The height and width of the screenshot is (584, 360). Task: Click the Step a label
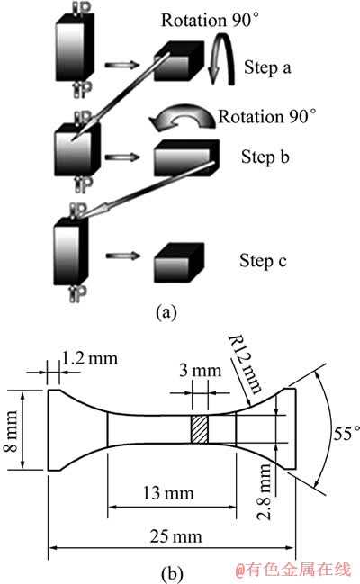(x=267, y=67)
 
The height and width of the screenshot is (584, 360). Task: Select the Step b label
(x=265, y=157)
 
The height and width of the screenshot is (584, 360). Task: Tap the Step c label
(x=263, y=260)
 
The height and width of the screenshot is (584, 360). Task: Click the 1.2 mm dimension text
(x=89, y=358)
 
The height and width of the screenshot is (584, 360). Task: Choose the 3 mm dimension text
(x=200, y=370)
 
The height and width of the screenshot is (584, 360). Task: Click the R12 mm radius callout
(x=245, y=364)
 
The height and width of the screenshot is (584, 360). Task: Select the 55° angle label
(x=346, y=433)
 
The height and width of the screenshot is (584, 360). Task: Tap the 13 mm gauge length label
(x=168, y=493)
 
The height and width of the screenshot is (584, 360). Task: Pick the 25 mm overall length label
(x=175, y=536)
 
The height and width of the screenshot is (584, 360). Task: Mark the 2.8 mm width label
(x=265, y=491)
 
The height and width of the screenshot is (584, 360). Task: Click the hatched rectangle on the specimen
(x=200, y=429)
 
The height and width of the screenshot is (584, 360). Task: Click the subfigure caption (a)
(x=166, y=311)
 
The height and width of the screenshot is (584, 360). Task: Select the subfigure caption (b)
(x=172, y=573)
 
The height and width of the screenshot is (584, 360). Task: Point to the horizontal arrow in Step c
(x=123, y=256)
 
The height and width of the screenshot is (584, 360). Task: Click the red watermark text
(x=293, y=569)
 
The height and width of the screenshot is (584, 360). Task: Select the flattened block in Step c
(x=179, y=263)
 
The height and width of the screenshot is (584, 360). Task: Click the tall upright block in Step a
(x=75, y=48)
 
